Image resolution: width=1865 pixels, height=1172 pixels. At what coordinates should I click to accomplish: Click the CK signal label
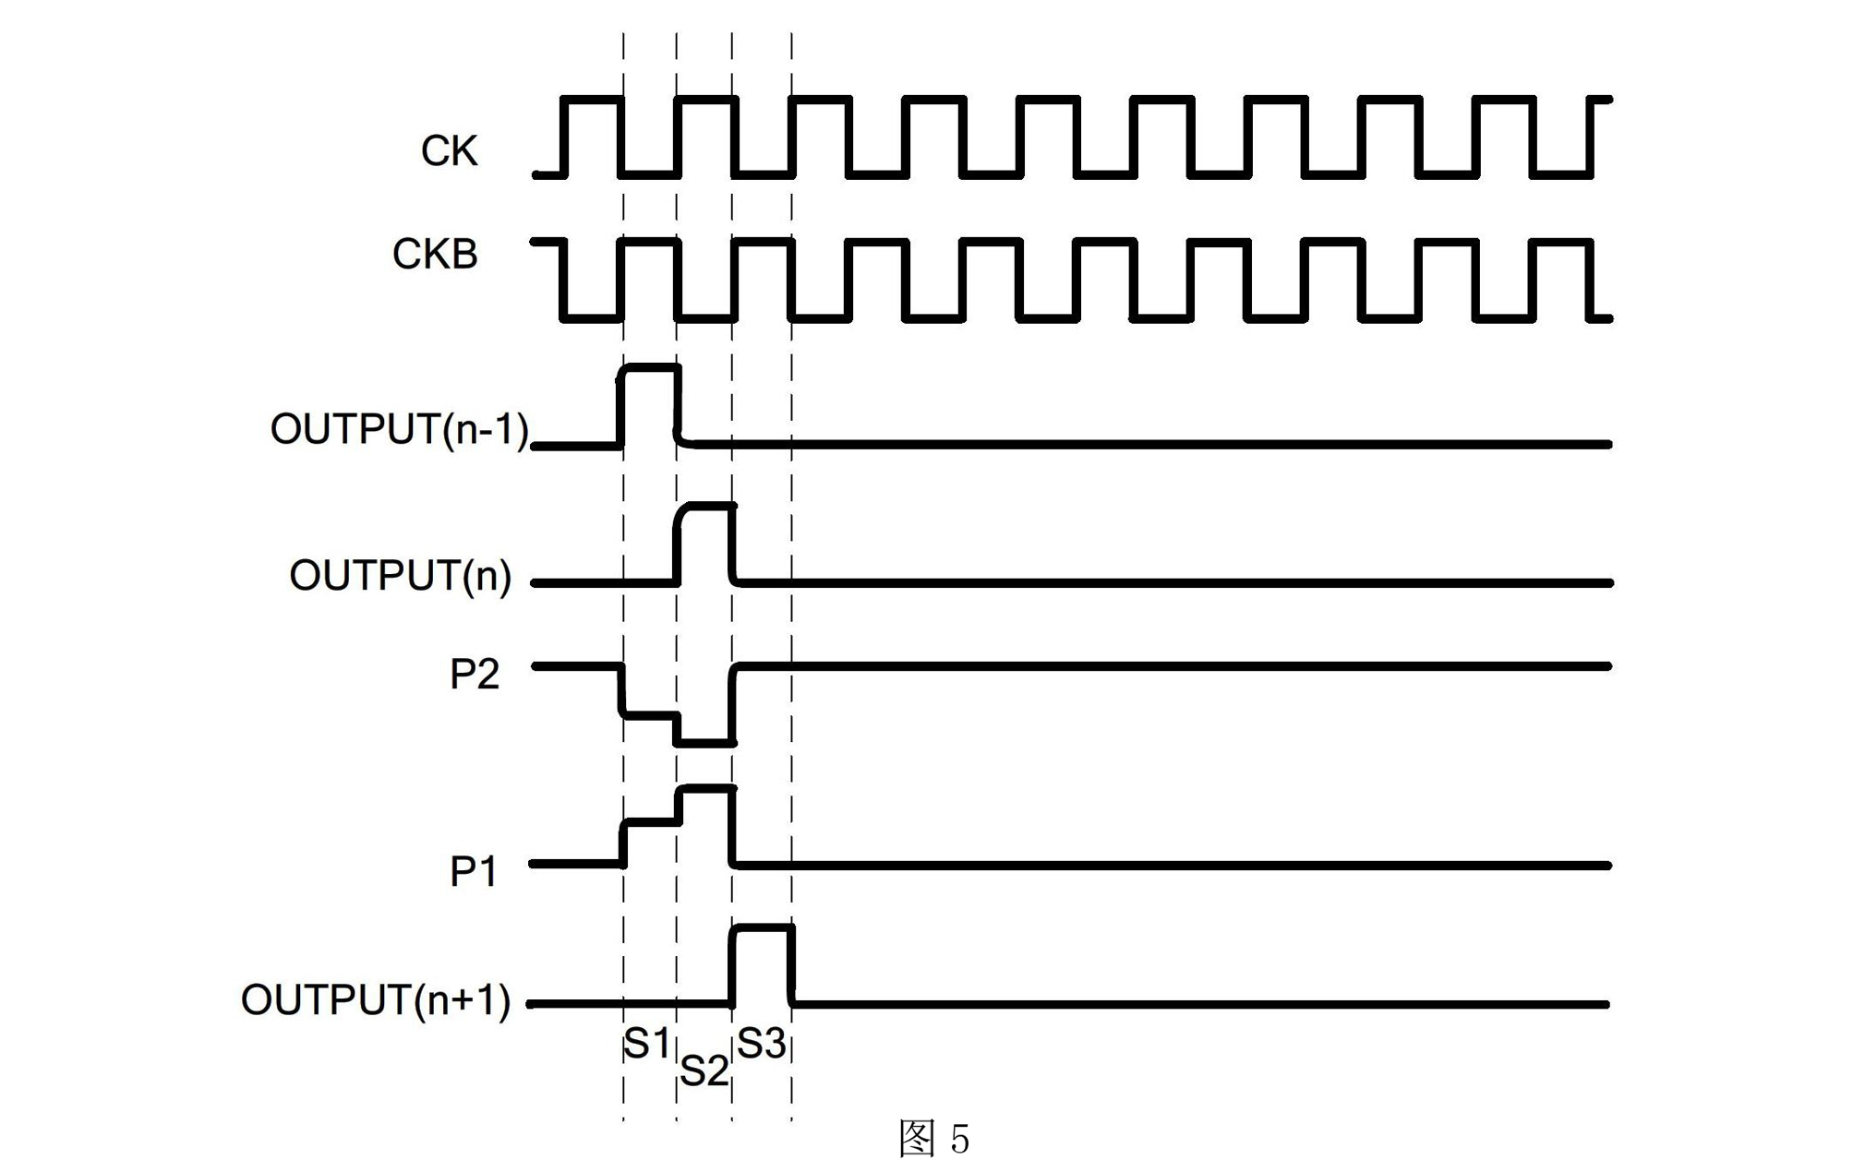pyautogui.click(x=449, y=151)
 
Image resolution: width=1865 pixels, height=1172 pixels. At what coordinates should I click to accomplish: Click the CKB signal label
pyautogui.click(x=435, y=255)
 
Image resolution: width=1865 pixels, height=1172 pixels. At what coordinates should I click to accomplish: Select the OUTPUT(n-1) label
pyautogui.click(x=399, y=430)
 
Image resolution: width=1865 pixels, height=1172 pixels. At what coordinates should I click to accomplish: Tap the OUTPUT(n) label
pyautogui.click(x=400, y=576)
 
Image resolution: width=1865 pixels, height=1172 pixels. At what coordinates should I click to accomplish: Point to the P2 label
pyautogui.click(x=474, y=675)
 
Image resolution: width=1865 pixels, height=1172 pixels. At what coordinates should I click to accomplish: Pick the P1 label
pyautogui.click(x=473, y=872)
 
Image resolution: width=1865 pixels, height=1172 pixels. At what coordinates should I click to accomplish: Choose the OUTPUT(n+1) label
pyautogui.click(x=375, y=1000)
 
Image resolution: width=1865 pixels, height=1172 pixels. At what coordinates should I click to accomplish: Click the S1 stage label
pyautogui.click(x=646, y=1044)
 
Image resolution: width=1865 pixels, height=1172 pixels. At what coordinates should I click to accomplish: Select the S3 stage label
pyautogui.click(x=761, y=1044)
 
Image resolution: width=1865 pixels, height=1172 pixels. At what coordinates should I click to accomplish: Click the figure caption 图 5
pyautogui.click(x=933, y=1139)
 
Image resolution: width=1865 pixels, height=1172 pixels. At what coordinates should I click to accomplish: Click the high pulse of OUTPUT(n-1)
pyautogui.click(x=650, y=368)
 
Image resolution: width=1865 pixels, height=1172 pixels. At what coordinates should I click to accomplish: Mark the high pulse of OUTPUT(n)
pyautogui.click(x=707, y=507)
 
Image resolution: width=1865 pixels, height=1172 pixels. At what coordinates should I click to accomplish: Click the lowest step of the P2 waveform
pyautogui.click(x=705, y=742)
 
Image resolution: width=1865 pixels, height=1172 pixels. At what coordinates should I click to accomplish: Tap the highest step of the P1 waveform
pyautogui.click(x=707, y=789)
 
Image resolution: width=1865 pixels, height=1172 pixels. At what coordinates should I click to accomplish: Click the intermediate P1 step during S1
pyautogui.click(x=650, y=821)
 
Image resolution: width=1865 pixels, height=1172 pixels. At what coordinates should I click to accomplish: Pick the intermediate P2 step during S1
pyautogui.click(x=650, y=714)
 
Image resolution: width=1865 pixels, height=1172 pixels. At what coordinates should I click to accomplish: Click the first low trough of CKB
pyautogui.click(x=591, y=318)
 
